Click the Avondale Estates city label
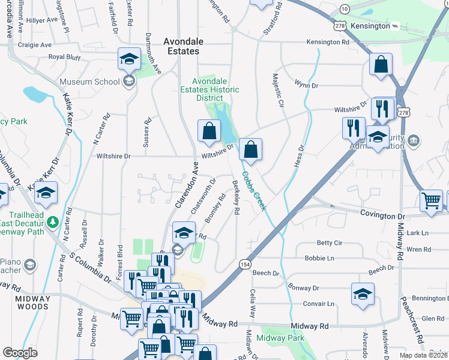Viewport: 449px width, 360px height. [x=183, y=46]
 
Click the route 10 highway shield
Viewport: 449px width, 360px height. [x=344, y=9]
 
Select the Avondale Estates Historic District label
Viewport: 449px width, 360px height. [x=215, y=90]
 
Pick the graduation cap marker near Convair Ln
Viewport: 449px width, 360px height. [x=363, y=294]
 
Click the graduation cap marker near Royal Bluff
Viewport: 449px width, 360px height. [x=128, y=59]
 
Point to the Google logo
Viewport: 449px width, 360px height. [x=20, y=353]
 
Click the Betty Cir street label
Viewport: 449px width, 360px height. [x=329, y=243]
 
